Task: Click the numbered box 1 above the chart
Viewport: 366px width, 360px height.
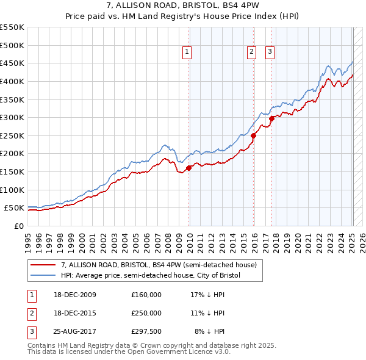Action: [187, 52]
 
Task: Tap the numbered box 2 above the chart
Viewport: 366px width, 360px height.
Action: [251, 52]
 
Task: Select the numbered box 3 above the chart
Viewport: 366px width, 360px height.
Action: [269, 52]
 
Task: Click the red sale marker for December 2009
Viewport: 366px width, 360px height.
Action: [189, 168]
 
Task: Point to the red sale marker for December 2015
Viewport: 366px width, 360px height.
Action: [254, 135]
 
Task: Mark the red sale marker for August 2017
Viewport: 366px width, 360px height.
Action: [272, 118]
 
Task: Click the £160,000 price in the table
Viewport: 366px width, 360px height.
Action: [146, 295]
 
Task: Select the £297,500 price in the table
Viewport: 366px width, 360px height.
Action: [146, 331]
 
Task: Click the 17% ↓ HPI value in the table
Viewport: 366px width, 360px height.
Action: [208, 295]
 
